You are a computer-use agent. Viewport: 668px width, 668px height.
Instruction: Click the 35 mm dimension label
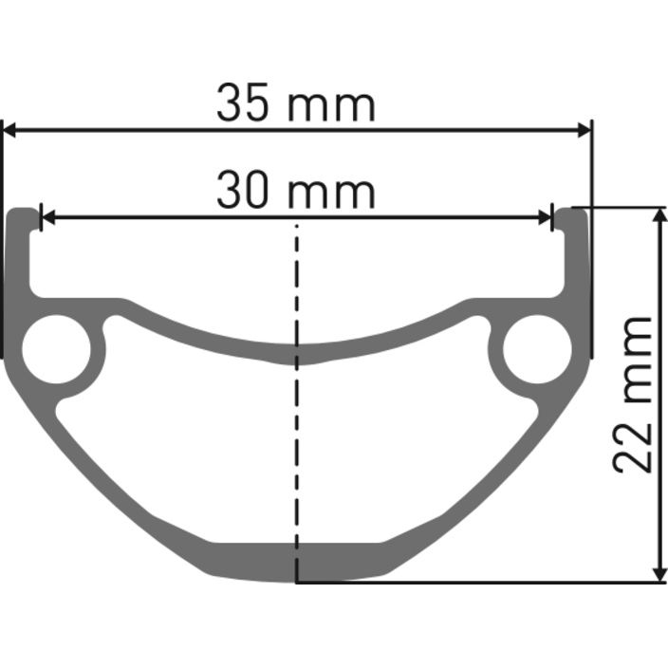point(295,103)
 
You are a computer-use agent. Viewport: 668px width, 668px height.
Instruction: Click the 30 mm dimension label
point(295,192)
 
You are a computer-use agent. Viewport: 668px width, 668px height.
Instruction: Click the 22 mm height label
point(633,394)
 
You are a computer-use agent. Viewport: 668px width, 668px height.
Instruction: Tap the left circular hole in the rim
point(56,350)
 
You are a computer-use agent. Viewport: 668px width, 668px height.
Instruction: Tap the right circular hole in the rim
point(537,350)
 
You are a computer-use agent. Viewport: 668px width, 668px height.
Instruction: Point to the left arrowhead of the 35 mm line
point(11,130)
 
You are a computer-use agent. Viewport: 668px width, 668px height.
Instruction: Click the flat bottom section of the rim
point(296,561)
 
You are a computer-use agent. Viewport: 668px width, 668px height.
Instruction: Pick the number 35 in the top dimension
point(240,103)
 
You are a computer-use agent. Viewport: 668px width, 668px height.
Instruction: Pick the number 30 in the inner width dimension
point(240,192)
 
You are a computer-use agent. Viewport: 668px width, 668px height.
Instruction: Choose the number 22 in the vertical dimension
point(633,447)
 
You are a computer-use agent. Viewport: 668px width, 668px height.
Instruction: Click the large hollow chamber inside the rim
point(296,446)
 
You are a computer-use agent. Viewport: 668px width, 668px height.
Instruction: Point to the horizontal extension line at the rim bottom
point(474,583)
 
